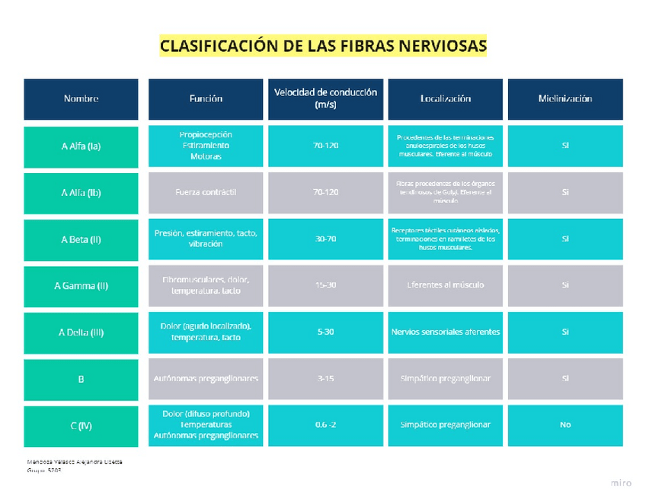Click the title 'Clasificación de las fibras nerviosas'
pyautogui.click(x=323, y=46)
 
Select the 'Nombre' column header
pyautogui.click(x=81, y=98)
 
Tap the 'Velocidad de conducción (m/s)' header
pyautogui.click(x=325, y=98)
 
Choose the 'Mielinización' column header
pyautogui.click(x=564, y=98)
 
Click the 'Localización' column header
pyautogui.click(x=445, y=98)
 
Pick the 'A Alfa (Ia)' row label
pyautogui.click(x=81, y=146)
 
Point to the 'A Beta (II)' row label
pyautogui.click(x=81, y=239)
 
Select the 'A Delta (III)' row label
pyautogui.click(x=81, y=332)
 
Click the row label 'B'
pyautogui.click(x=81, y=378)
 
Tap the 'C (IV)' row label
pyautogui.click(x=81, y=426)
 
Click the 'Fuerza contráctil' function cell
pyautogui.click(x=206, y=192)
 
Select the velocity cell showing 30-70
pyautogui.click(x=325, y=239)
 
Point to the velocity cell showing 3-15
pyautogui.click(x=325, y=378)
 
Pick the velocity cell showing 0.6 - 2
pyautogui.click(x=325, y=425)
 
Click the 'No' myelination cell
pyautogui.click(x=564, y=425)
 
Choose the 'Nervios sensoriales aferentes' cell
pyautogui.click(x=445, y=332)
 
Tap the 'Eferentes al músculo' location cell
pyautogui.click(x=445, y=285)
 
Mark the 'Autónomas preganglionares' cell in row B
pyautogui.click(x=206, y=378)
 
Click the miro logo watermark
pyautogui.click(x=621, y=483)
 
